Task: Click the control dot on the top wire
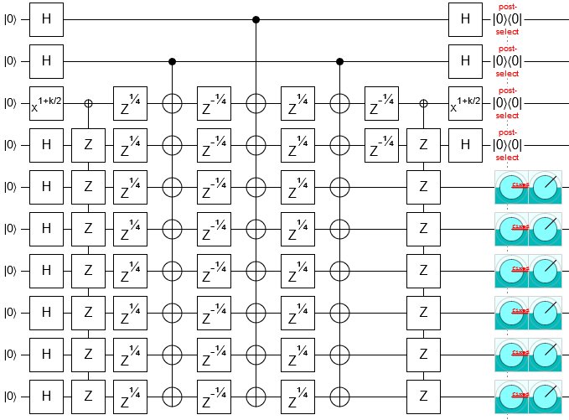click(x=256, y=18)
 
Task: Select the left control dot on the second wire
click(x=172, y=60)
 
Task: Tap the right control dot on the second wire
click(x=339, y=60)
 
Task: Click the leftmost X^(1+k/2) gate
click(x=46, y=102)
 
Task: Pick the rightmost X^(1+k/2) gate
click(x=465, y=102)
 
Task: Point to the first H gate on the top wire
click(x=46, y=18)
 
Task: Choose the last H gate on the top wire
click(x=465, y=18)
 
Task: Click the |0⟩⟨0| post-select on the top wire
click(x=507, y=18)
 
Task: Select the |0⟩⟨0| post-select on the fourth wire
click(x=507, y=144)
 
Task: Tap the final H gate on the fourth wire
click(x=465, y=144)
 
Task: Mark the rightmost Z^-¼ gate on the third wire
click(x=381, y=102)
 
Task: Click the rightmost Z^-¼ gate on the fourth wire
click(x=381, y=144)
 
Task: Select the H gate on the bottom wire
click(x=46, y=396)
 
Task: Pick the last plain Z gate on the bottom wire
click(x=423, y=396)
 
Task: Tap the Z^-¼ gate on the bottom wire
click(x=214, y=396)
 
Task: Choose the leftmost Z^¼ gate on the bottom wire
click(x=130, y=396)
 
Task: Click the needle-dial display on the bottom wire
click(x=545, y=396)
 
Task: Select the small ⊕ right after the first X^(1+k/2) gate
click(x=88, y=102)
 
